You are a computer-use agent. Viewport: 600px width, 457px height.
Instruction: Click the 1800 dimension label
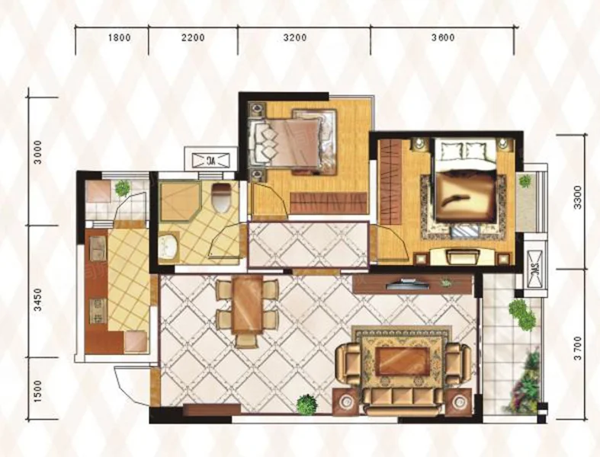120,38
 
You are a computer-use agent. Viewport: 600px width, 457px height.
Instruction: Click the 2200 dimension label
193,38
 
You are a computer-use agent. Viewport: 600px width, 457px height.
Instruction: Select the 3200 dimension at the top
294,38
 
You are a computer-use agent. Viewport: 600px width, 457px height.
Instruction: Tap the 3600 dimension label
443,38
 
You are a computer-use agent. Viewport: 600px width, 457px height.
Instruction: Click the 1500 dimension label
38,391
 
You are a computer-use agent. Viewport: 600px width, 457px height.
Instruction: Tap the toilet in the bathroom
221,197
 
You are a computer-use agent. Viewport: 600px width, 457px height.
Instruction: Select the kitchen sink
98,248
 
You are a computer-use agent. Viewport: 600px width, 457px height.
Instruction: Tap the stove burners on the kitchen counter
98,311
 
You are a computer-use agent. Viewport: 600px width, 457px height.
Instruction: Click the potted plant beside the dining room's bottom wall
307,404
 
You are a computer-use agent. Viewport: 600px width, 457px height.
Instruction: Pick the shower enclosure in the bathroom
180,202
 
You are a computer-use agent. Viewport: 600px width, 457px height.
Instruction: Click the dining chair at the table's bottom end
246,340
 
